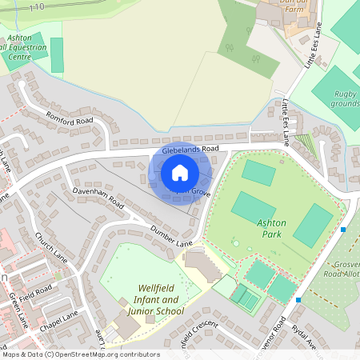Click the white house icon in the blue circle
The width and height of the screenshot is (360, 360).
[180, 172]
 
